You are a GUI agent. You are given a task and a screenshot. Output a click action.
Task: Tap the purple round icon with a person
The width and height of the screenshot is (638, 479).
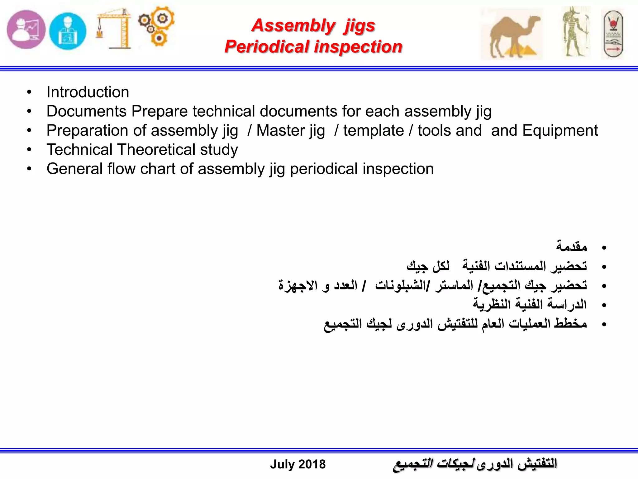[26, 30]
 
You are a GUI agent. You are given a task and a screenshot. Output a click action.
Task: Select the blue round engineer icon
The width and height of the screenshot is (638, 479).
[68, 31]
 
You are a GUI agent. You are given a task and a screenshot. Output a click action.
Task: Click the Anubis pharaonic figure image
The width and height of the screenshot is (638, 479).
[576, 32]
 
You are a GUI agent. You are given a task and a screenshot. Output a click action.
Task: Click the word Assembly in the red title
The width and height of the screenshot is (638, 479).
[293, 25]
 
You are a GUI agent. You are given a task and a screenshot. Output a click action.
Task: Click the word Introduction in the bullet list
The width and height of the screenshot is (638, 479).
[88, 92]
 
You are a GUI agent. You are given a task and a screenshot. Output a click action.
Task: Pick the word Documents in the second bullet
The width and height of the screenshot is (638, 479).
[87, 111]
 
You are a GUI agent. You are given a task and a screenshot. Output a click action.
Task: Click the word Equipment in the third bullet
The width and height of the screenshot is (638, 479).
[560, 130]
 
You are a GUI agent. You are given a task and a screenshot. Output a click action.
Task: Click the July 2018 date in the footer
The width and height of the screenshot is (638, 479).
[298, 464]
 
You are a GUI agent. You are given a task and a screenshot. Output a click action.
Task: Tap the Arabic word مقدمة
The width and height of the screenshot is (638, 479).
[572, 247]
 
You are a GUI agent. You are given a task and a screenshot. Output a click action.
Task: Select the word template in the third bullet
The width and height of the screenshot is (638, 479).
[374, 130]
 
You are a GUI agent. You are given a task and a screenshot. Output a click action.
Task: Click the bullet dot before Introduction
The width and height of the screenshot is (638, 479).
[29, 92]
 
